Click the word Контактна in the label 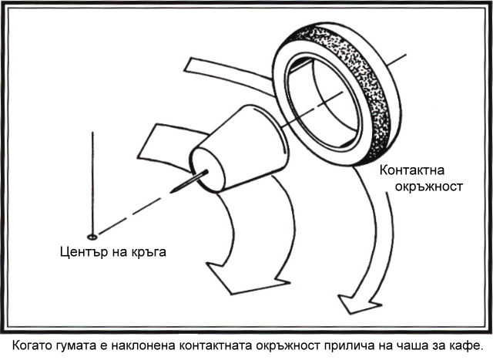point(412,170)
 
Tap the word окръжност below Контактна point(429,187)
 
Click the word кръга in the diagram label point(149,253)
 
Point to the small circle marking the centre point point(92,237)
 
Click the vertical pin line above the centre point(92,183)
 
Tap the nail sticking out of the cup point(189,182)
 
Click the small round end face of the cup point(207,170)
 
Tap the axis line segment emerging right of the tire point(397,60)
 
